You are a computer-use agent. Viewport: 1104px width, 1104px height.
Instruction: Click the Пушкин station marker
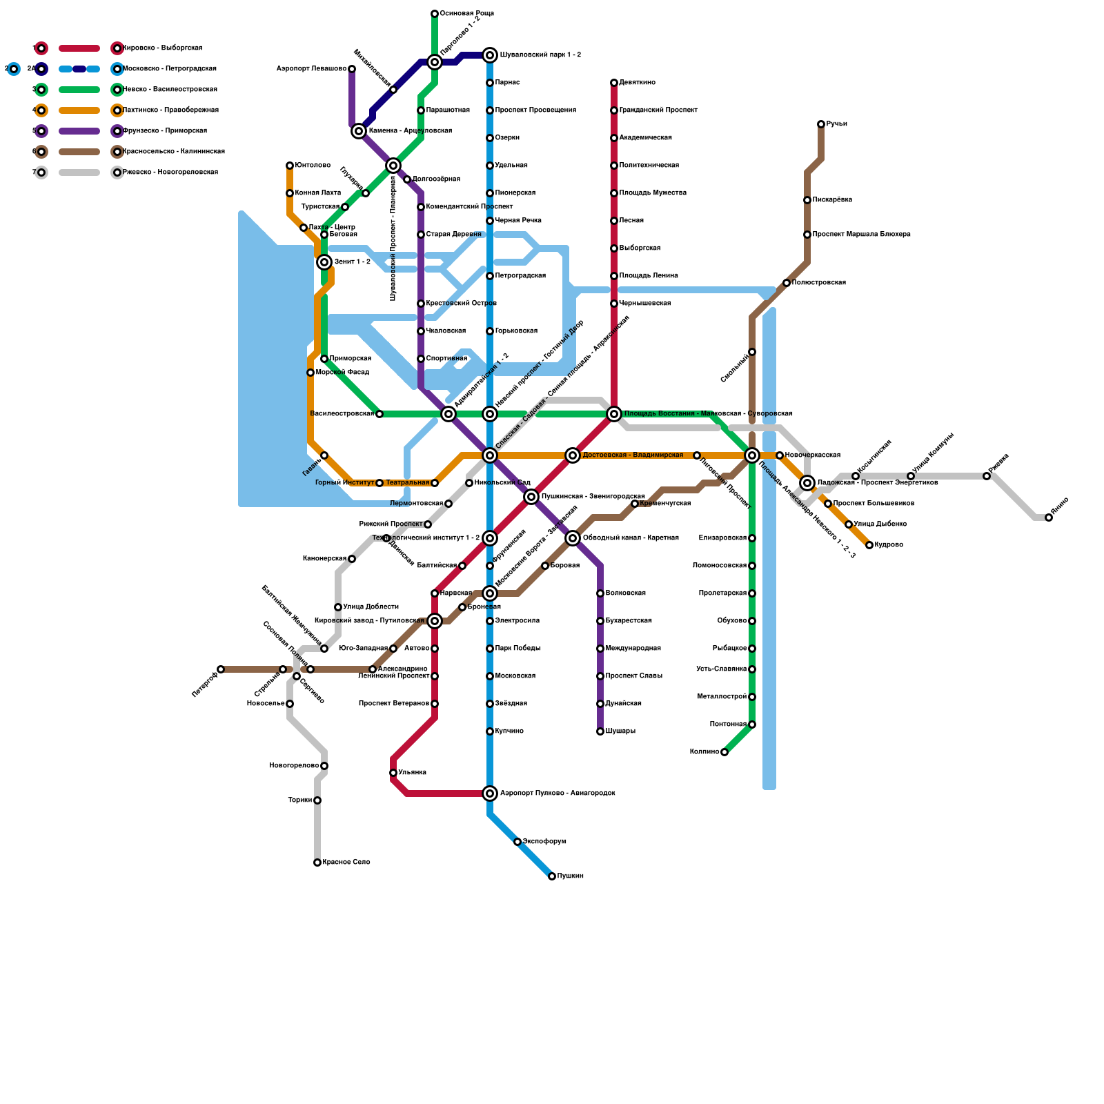pyautogui.click(x=552, y=876)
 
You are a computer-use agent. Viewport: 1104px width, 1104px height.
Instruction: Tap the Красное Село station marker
pyautogui.click(x=317, y=862)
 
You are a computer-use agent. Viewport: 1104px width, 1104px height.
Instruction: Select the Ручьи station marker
pyautogui.click(x=821, y=124)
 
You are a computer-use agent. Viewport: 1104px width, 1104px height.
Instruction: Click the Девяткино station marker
pyautogui.click(x=614, y=83)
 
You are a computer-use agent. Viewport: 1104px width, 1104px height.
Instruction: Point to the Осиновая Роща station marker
pyautogui.click(x=435, y=14)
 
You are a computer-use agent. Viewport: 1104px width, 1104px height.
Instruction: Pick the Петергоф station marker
pyautogui.click(x=221, y=669)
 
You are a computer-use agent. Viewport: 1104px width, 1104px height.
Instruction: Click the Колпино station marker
pyautogui.click(x=724, y=752)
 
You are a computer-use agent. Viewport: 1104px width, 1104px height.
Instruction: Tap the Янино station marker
pyautogui.click(x=1049, y=517)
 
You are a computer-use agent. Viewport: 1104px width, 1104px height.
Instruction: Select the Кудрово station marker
pyautogui.click(x=869, y=545)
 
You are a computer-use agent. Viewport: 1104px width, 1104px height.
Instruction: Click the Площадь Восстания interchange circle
pyautogui.click(x=614, y=414)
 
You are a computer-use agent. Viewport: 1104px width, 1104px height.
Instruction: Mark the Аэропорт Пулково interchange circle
pyautogui.click(x=490, y=793)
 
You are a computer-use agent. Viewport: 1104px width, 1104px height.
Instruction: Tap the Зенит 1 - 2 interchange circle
pyautogui.click(x=324, y=262)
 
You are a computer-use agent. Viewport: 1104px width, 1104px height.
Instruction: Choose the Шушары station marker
pyautogui.click(x=600, y=731)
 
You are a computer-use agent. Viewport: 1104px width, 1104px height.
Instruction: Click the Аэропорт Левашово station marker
pyautogui.click(x=352, y=69)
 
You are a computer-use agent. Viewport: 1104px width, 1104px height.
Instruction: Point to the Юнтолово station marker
pyautogui.click(x=290, y=166)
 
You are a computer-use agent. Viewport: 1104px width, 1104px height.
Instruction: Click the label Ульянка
pyautogui.click(x=413, y=773)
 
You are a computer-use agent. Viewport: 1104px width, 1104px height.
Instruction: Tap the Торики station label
pyautogui.click(x=299, y=800)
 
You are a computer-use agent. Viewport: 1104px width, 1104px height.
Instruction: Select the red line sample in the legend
pyautogui.click(x=79, y=48)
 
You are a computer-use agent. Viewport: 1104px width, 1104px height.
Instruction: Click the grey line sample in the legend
pyautogui.click(x=79, y=172)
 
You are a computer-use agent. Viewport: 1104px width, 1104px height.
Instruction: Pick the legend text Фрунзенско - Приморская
pyautogui.click(x=165, y=131)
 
